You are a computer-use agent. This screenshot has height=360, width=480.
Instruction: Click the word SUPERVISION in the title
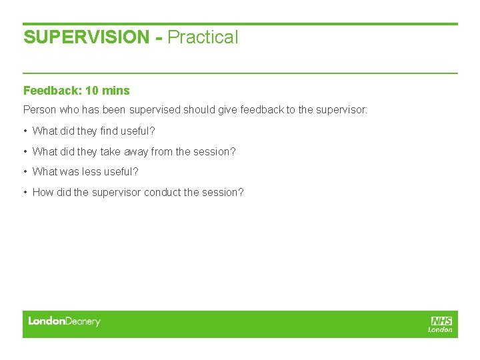(87, 37)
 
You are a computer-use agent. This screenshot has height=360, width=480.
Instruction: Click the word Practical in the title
(203, 37)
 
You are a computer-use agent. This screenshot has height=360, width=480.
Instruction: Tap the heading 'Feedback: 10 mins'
(77, 91)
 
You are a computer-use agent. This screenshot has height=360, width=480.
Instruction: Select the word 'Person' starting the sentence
(39, 109)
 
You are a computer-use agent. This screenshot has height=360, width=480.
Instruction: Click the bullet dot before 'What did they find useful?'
(25, 131)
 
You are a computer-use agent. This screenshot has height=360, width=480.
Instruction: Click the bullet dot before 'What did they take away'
(25, 151)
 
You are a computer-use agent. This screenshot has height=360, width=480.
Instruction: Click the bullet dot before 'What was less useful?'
(25, 172)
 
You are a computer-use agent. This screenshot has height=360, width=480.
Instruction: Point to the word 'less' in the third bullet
(91, 172)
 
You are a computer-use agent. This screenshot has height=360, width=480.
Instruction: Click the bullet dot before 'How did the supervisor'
(25, 192)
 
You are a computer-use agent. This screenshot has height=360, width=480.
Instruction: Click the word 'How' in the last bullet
(43, 192)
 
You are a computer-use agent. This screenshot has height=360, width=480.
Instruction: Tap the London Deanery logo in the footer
(64, 321)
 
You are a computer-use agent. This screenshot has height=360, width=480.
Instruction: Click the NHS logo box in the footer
(441, 321)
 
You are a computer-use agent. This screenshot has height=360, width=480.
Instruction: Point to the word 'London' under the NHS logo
(441, 329)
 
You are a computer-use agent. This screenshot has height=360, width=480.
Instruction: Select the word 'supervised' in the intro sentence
(153, 109)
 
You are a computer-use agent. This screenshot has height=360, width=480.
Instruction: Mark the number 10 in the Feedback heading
(92, 91)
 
